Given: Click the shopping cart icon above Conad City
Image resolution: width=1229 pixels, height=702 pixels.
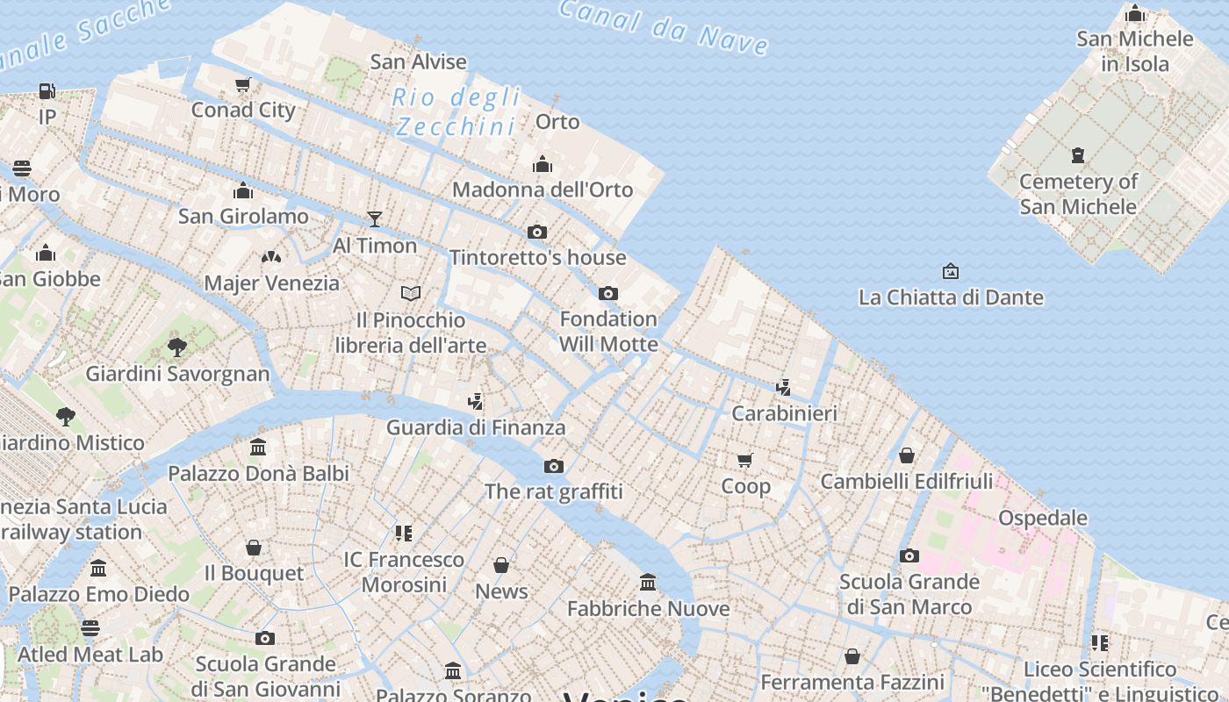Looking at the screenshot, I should point(243,85).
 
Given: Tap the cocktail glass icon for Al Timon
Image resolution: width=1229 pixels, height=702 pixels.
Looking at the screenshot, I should point(375,218).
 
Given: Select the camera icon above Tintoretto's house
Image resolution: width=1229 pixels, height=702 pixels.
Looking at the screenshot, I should point(537,232).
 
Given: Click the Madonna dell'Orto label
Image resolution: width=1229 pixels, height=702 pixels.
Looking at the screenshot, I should point(543,190).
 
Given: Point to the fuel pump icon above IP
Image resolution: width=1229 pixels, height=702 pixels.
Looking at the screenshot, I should point(47,90).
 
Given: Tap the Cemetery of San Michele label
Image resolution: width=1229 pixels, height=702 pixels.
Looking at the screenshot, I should point(1078,194).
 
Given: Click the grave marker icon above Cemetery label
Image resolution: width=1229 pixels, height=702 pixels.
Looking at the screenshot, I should point(1078,155).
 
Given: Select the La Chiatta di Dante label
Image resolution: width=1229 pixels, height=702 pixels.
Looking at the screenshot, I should point(952,297).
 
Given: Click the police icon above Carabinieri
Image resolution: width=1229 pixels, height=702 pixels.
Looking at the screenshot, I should point(783,387).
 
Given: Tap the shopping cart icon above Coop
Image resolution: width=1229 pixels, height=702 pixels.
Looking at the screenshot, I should point(745,460).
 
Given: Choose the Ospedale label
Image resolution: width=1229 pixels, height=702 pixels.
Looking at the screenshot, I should point(1043,518).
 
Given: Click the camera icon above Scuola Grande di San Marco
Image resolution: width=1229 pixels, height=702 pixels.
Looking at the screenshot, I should point(909,555).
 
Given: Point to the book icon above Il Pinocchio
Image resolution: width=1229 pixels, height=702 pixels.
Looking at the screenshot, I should point(411,293).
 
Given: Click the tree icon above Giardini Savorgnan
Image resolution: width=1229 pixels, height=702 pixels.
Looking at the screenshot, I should point(177,347).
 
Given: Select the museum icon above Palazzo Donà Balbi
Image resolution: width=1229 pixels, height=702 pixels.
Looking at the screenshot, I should point(258,447).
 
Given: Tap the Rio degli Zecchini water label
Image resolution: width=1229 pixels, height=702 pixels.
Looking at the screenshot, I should point(456,111).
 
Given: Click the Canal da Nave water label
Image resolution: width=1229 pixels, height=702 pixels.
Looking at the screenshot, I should point(665,26).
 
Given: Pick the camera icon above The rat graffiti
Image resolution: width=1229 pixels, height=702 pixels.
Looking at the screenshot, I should point(554,466).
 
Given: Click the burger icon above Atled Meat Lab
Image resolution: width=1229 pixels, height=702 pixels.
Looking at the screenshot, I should point(90,627).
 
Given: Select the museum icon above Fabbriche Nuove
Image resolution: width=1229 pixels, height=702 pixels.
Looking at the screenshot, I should point(648,582).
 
